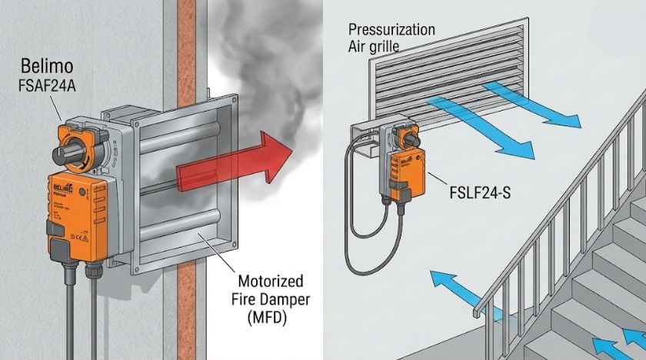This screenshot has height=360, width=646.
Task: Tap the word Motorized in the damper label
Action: [269, 281]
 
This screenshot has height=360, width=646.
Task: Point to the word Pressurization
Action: [391, 30]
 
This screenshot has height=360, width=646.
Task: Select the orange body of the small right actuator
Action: [405, 173]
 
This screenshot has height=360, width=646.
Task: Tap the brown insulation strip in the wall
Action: [186, 231]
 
